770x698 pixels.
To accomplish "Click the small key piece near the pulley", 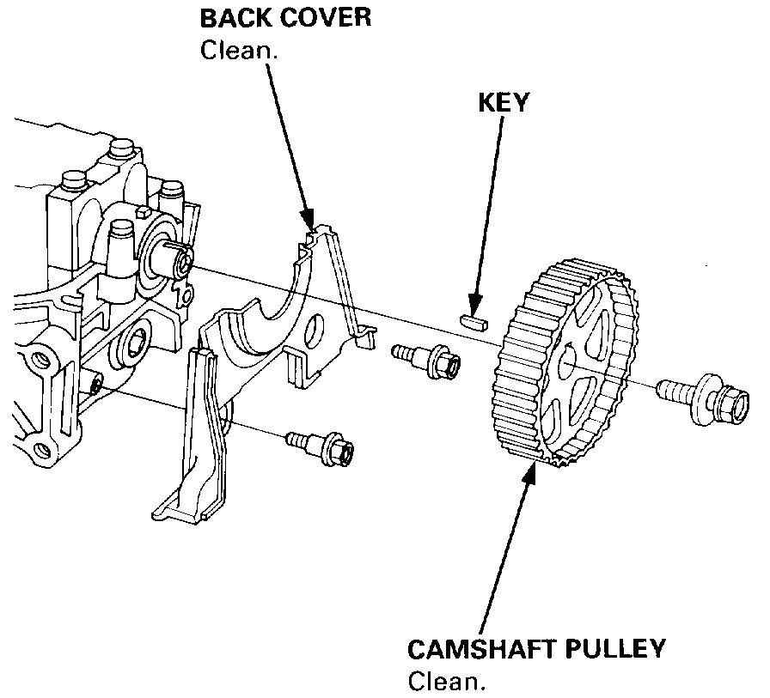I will [474, 322].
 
